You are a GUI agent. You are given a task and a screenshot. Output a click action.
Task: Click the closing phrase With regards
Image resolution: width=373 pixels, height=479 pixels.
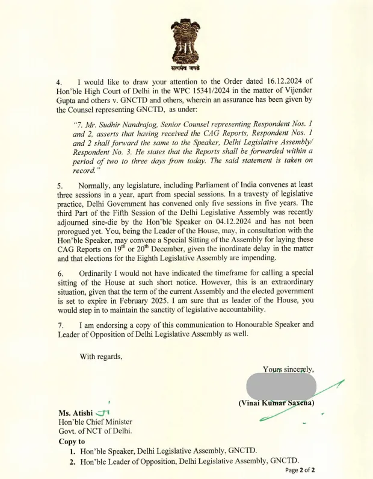[x=100, y=356]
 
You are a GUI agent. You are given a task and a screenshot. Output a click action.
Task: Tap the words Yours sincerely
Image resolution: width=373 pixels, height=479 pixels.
[x=288, y=369]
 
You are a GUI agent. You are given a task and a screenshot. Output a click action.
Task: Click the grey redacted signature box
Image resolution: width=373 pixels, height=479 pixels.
[x=281, y=386]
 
